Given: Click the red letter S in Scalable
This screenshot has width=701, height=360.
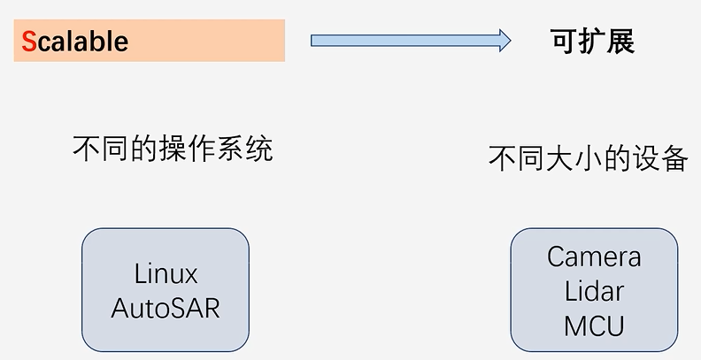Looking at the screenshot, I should pyautogui.click(x=29, y=42).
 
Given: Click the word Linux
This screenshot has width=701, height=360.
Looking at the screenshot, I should pyautogui.click(x=166, y=274).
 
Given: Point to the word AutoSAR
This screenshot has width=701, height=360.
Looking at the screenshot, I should pyautogui.click(x=166, y=308).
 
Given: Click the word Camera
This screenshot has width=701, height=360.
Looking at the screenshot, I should pyautogui.click(x=594, y=257).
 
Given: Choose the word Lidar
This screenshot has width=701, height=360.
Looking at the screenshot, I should pyautogui.click(x=594, y=291).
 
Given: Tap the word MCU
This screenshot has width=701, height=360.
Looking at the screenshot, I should pyautogui.click(x=594, y=326).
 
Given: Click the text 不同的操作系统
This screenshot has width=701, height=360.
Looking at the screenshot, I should pyautogui.click(x=173, y=149).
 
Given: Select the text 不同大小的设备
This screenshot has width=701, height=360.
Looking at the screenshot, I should pyautogui.click(x=589, y=158).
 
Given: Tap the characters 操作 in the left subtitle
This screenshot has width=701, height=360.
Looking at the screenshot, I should pyautogui.click(x=189, y=149).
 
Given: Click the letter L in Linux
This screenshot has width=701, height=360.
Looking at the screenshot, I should pyautogui.click(x=140, y=274).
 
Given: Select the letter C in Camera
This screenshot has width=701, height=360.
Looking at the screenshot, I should pyautogui.click(x=556, y=257).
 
